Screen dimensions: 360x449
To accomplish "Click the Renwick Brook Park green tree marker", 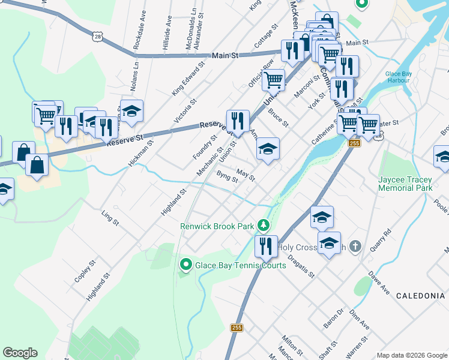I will point(262,226).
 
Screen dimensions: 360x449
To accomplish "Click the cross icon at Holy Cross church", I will point(355,247).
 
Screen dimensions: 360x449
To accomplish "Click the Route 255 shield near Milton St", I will point(237,328).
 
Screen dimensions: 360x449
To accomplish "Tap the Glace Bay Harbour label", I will point(398,77).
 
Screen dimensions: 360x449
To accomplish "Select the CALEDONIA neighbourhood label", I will point(424,296).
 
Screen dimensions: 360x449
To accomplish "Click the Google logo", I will point(20,353).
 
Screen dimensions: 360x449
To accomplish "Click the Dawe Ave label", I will point(379,282).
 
